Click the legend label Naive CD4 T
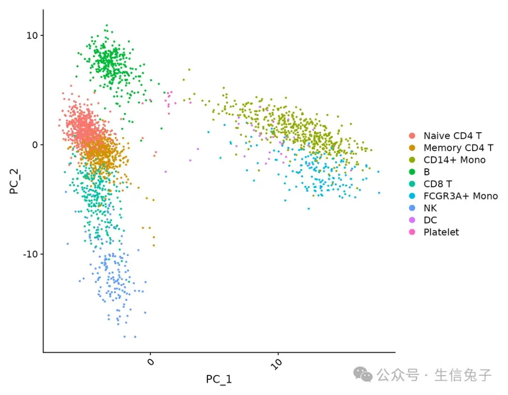point(452,136)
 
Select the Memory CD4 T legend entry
point(458,148)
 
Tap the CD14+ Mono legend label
point(454,160)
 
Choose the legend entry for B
point(427,172)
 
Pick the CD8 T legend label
point(437,184)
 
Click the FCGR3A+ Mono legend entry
point(460,196)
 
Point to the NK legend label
point(430,208)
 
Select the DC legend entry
point(430,220)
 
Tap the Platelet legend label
point(441,232)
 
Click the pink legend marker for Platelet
point(413,232)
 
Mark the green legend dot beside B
point(413,172)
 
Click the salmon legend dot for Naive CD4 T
point(413,136)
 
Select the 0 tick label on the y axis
point(35,145)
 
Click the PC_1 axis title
point(219,379)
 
